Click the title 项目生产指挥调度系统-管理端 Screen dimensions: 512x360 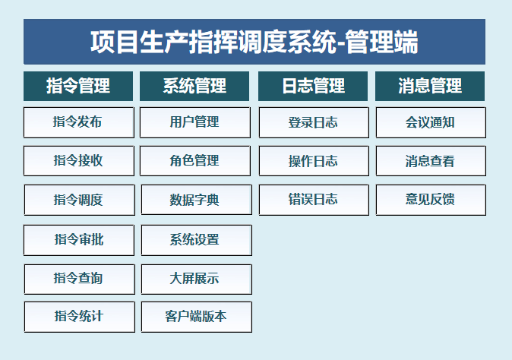point(254,42)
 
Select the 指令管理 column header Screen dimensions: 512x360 point(78,86)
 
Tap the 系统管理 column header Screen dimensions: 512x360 point(194,86)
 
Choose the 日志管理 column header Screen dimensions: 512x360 point(313,86)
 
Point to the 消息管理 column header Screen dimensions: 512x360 point(430,86)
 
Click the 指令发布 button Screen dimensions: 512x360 point(79,122)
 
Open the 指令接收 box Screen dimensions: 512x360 point(79,161)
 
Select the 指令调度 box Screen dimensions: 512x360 point(79,200)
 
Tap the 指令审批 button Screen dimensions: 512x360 point(79,240)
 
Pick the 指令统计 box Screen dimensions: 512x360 point(79,317)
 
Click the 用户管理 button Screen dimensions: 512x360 point(195,122)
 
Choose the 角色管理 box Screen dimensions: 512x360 point(195,161)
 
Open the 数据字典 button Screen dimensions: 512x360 point(196,200)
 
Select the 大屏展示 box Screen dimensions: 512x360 point(196,279)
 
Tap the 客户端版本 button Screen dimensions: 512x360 point(196,317)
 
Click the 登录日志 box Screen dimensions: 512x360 point(314,122)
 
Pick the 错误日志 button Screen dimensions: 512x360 point(314,200)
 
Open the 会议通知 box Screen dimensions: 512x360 point(431,122)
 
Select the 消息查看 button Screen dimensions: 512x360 point(431,161)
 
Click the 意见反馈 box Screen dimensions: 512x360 point(431,200)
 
